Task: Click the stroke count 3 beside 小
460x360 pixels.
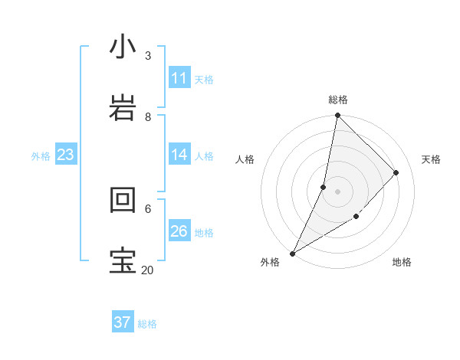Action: (x=148, y=56)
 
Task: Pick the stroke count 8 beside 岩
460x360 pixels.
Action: (x=148, y=117)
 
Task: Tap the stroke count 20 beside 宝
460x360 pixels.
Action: (x=147, y=270)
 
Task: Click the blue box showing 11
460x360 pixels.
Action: (x=179, y=78)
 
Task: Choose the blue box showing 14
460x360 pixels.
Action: (x=179, y=155)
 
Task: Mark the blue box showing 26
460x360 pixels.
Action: (x=179, y=231)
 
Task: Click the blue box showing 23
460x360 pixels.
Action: (x=65, y=155)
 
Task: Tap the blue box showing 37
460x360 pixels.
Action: (x=123, y=322)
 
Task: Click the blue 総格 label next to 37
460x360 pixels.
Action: (x=147, y=324)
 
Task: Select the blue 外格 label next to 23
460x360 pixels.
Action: (x=41, y=156)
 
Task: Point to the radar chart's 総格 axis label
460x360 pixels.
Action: (x=338, y=100)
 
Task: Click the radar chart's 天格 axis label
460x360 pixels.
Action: (x=432, y=159)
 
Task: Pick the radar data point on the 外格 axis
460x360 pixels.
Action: (x=292, y=254)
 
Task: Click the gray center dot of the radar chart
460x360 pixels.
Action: (x=338, y=191)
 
